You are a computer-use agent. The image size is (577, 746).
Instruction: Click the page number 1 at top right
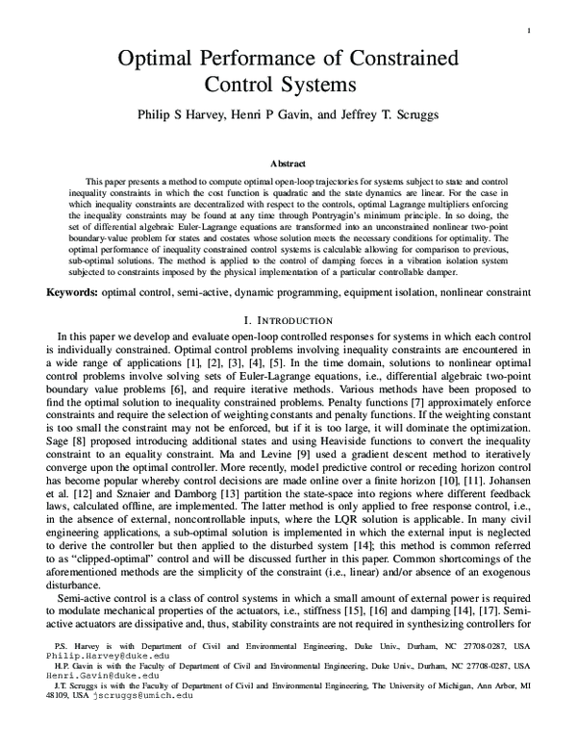pyautogui.click(x=531, y=32)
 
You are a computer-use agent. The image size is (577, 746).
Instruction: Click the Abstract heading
pyautogui.click(x=288, y=163)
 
